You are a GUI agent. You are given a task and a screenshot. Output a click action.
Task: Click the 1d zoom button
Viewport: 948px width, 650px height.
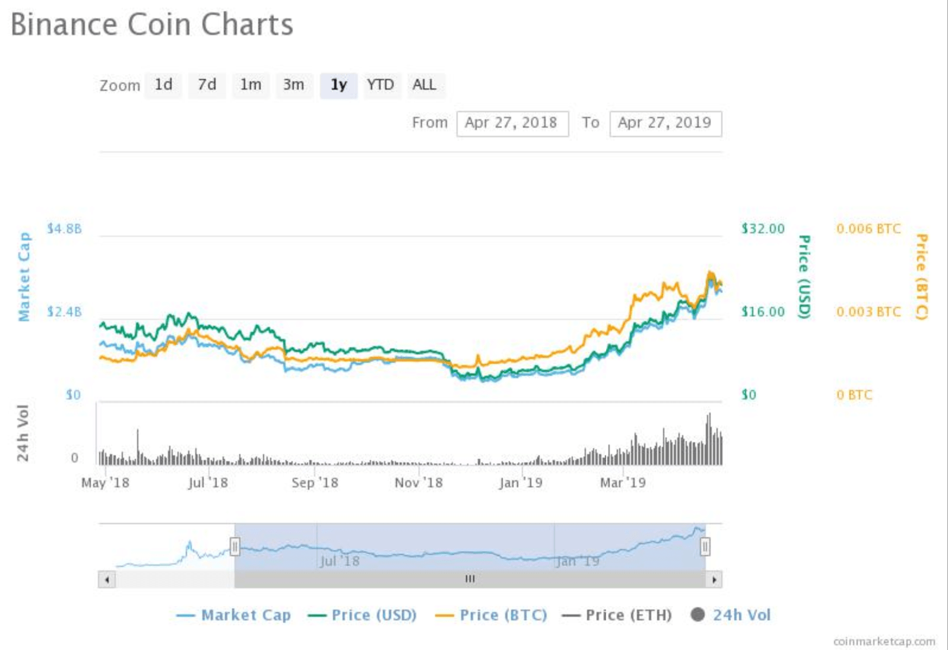click(163, 85)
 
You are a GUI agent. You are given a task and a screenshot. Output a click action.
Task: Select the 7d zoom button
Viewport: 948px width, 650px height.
click(207, 85)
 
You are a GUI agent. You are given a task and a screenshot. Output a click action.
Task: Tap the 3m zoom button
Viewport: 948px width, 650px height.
click(294, 85)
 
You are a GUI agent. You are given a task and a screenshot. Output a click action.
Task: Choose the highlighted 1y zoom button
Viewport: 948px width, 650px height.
click(338, 85)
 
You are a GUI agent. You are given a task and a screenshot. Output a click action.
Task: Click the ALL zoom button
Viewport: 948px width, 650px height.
click(424, 85)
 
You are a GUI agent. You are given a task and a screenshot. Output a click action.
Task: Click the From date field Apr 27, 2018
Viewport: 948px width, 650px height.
click(512, 123)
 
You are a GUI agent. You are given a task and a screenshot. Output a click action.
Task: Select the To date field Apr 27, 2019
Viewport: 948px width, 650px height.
click(665, 123)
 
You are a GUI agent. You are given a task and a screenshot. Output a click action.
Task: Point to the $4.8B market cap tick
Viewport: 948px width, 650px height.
click(65, 229)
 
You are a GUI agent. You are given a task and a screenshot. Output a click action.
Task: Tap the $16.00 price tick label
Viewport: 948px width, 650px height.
click(763, 312)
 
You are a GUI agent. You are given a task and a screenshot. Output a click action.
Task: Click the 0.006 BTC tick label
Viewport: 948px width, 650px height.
click(868, 229)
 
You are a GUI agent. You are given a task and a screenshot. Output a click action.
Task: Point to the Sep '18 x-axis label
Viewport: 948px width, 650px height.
click(315, 483)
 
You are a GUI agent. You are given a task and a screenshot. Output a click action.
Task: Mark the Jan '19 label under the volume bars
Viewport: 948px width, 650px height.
click(521, 483)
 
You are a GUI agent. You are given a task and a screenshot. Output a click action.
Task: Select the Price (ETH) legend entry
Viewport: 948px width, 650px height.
click(617, 615)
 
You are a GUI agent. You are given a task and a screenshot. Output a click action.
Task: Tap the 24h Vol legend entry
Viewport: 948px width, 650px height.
click(731, 615)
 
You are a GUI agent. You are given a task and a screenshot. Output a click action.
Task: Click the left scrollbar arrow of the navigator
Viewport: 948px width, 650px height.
click(107, 579)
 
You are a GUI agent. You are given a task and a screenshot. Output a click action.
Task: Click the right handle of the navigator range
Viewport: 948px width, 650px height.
click(705, 546)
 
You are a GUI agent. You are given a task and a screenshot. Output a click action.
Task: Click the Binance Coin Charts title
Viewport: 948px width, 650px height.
click(152, 24)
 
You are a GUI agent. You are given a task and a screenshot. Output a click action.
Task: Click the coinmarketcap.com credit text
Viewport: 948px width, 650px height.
click(884, 641)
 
